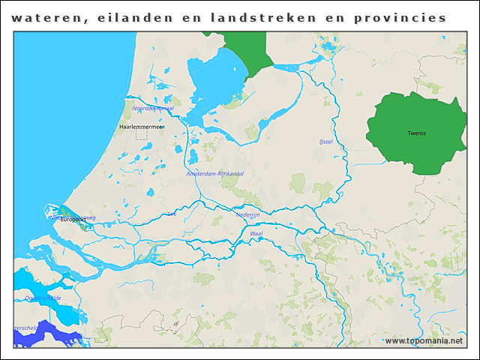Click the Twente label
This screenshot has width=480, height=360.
pyautogui.click(x=416, y=133)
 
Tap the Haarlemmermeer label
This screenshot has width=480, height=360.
pyautogui.click(x=142, y=127)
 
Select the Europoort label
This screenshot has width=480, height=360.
pyautogui.click(x=75, y=220)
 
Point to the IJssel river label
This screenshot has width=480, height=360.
pyautogui.click(x=325, y=141)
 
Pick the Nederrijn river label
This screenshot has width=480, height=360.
pyautogui.click(x=247, y=214)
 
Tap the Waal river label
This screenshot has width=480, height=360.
pyautogui.click(x=256, y=234)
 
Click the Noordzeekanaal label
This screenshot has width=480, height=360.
pyautogui.click(x=153, y=108)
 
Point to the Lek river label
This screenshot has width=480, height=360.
pyautogui.click(x=172, y=214)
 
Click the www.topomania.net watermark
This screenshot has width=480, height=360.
pyautogui.click(x=424, y=340)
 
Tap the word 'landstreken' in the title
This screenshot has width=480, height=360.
pyautogui.click(x=262, y=17)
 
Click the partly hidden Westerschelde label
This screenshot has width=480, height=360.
pyautogui.click(x=25, y=328)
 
